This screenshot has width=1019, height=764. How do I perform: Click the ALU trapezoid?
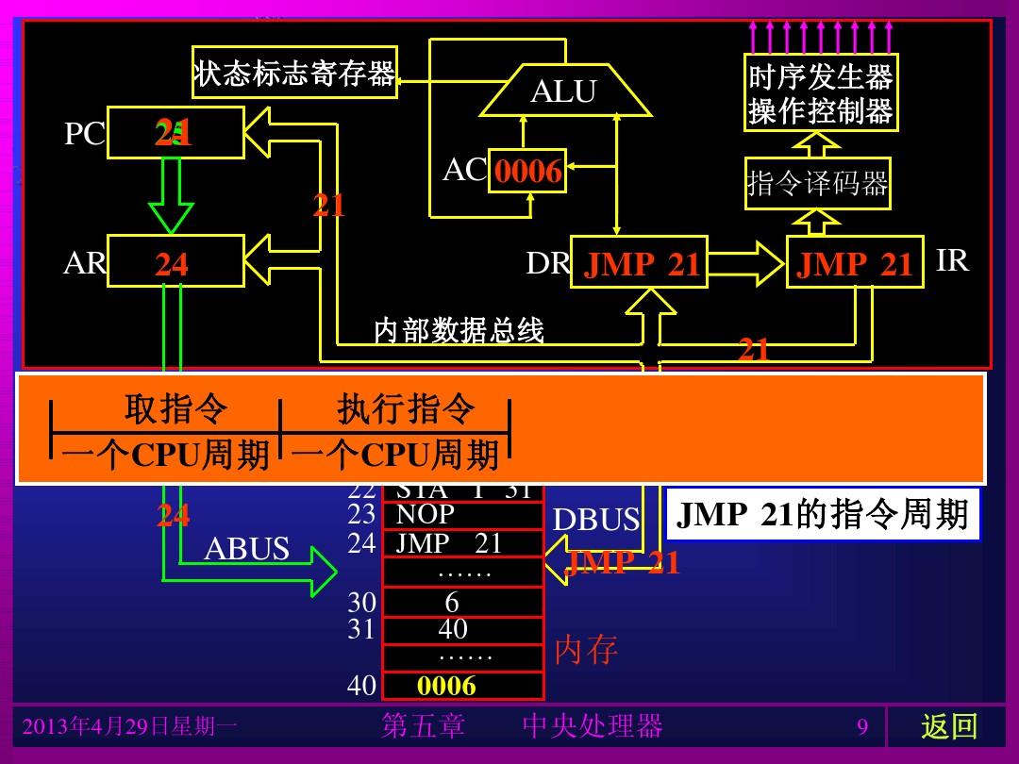pyautogui.click(x=564, y=91)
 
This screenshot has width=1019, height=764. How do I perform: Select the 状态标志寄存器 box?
pyautogui.click(x=294, y=73)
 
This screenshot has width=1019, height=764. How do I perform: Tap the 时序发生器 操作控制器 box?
pyautogui.click(x=820, y=93)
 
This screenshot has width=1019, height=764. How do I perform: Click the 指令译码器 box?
pyautogui.click(x=817, y=183)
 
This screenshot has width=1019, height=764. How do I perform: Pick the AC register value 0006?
pyautogui.click(x=527, y=171)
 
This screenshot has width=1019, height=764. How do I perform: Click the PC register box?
pyautogui.click(x=175, y=133)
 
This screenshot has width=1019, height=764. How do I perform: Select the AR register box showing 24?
pyautogui.click(x=175, y=261)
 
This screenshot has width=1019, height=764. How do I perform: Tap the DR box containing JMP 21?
pyautogui.click(x=640, y=262)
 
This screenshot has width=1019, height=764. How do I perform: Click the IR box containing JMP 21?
pyautogui.click(x=855, y=262)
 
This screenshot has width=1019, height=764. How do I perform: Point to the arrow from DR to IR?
pyautogui.click(x=746, y=263)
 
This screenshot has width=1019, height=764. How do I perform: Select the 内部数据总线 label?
pyautogui.click(x=459, y=330)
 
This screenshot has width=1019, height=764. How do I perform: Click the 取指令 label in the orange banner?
pyautogui.click(x=175, y=409)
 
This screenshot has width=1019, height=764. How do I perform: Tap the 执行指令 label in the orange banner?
pyautogui.click(x=406, y=409)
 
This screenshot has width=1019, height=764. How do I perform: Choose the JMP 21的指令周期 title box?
pyautogui.click(x=823, y=515)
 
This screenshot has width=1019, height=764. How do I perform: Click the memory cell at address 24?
pyautogui.click(x=462, y=544)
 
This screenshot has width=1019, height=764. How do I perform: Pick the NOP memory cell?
pyautogui.click(x=462, y=515)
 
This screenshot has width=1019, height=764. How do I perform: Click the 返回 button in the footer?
pyautogui.click(x=948, y=726)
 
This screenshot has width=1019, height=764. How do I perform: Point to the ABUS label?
pyautogui.click(x=246, y=549)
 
